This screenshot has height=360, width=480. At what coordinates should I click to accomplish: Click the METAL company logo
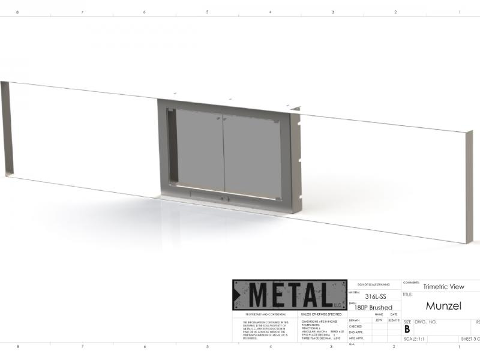click(x=290, y=295)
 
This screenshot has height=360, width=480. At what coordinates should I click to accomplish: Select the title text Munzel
click(x=443, y=306)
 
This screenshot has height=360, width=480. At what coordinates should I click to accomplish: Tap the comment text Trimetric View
click(x=443, y=287)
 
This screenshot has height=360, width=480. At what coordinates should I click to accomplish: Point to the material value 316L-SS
click(x=376, y=296)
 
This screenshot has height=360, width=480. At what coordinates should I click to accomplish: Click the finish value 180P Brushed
click(x=374, y=307)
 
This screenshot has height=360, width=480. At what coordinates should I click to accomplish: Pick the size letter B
click(x=407, y=329)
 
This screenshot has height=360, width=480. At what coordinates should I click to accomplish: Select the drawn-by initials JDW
click(x=379, y=320)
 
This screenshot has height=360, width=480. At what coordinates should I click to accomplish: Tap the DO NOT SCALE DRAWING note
click(x=373, y=284)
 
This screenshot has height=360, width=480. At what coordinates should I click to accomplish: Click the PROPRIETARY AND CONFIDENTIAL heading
click(x=261, y=314)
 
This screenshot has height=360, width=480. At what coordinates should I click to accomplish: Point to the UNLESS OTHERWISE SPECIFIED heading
click(x=322, y=314)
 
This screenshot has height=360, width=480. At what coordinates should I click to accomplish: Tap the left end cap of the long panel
click(x=6, y=129)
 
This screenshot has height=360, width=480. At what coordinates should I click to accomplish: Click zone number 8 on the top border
click(x=17, y=12)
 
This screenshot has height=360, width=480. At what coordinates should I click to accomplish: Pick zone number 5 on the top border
click(x=207, y=12)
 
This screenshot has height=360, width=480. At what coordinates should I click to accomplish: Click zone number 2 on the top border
click(x=395, y=12)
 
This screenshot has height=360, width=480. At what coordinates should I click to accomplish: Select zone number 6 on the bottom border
click(x=145, y=346)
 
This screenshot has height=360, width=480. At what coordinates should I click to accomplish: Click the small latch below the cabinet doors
click(x=224, y=199)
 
